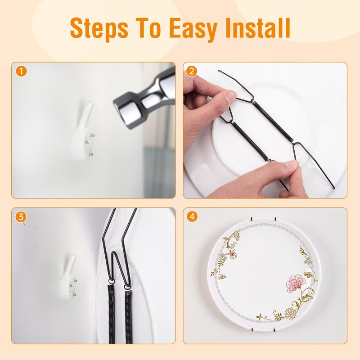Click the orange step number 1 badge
[20, 71]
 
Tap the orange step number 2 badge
[192, 71]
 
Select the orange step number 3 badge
[20, 217]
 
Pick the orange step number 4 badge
[192, 217]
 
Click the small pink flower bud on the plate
[233, 255]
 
